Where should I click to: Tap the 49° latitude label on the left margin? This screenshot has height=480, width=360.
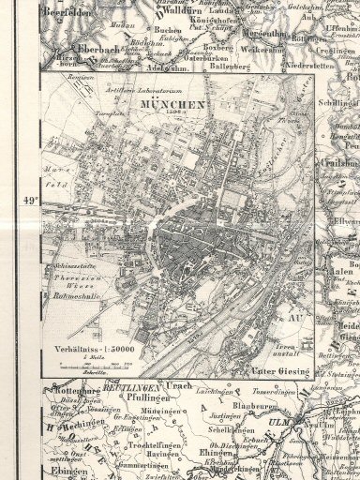point(28,201)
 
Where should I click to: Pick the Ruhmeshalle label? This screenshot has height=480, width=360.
point(74,300)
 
